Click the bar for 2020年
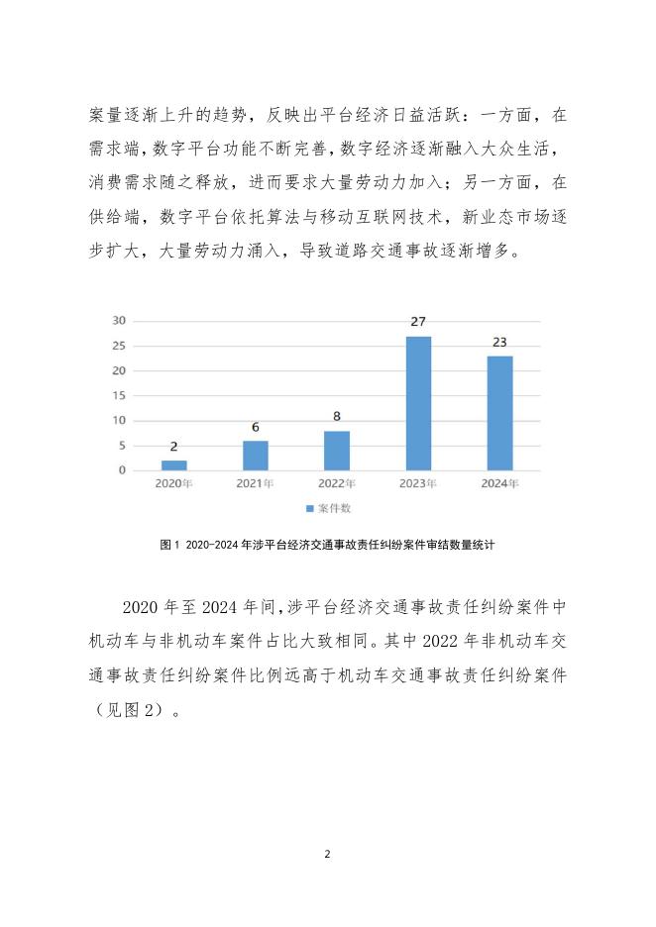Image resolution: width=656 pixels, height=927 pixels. coord(173,464)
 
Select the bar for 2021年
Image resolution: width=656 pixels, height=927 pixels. coord(256,456)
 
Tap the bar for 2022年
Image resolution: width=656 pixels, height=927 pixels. coord(337,451)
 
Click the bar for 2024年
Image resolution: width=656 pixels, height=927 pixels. coord(500,413)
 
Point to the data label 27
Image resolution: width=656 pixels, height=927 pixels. coord(418,323)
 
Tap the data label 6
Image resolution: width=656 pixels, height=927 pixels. coord(256,428)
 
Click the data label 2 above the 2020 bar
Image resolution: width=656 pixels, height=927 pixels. coord(173,448)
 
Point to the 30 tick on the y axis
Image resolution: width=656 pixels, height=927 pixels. coord(119,321)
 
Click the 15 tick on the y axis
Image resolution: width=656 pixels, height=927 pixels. coord(119,396)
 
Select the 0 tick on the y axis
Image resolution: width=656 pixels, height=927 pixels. coord(122,470)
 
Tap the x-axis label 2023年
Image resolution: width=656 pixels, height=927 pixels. coord(418,485)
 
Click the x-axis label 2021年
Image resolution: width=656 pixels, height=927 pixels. coord(256,485)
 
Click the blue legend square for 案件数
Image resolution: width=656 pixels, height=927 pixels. coord(309,509)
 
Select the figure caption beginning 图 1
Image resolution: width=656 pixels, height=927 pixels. coord(327,545)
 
